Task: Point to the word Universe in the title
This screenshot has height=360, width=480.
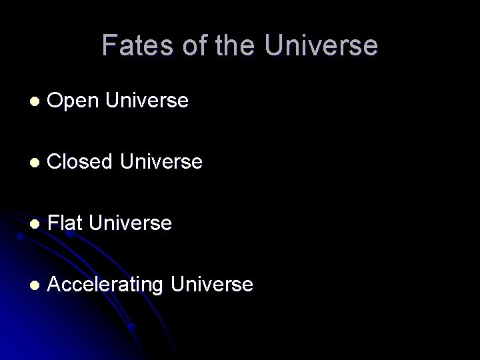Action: tap(321, 46)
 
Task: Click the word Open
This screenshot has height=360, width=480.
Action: tap(73, 101)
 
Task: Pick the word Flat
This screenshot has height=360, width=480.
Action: tap(65, 223)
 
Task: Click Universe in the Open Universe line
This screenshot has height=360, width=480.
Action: tap(147, 101)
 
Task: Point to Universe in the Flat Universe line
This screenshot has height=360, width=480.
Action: tap(130, 223)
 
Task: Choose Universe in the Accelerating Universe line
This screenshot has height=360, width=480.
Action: tap(212, 285)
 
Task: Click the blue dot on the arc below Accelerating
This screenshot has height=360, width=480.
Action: tap(133, 327)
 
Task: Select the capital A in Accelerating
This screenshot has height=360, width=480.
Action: tap(55, 285)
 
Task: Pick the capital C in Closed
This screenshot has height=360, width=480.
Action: tap(55, 162)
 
